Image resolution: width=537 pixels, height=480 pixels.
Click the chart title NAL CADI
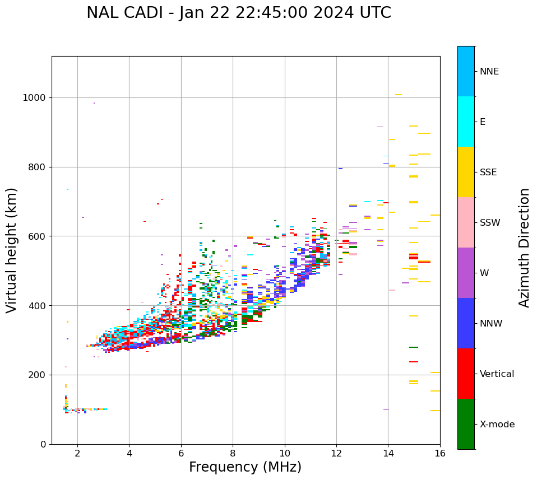[238, 13]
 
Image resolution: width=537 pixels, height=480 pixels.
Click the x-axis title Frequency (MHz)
[245, 467]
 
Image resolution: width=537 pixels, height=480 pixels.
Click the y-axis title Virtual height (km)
[12, 250]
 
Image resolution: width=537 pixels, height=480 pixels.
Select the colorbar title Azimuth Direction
[524, 248]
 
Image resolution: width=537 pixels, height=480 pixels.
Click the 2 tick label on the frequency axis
[77, 453]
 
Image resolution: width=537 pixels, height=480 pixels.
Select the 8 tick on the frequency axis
[233, 453]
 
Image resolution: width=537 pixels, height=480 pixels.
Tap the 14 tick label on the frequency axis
[388, 453]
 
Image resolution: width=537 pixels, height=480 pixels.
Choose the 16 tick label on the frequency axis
[439, 453]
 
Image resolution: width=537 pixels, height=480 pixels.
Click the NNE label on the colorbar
[489, 72]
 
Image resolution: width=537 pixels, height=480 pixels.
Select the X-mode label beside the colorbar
[497, 425]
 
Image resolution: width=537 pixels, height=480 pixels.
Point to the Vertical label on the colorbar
[497, 374]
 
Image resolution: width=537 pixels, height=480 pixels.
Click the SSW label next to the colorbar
[490, 223]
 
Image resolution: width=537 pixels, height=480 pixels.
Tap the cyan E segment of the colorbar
[466, 122]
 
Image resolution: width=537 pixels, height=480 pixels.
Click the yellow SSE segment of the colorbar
[466, 172]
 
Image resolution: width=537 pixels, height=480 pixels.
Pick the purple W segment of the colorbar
[466, 273]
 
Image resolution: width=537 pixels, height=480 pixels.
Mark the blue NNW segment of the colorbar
[466, 323]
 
